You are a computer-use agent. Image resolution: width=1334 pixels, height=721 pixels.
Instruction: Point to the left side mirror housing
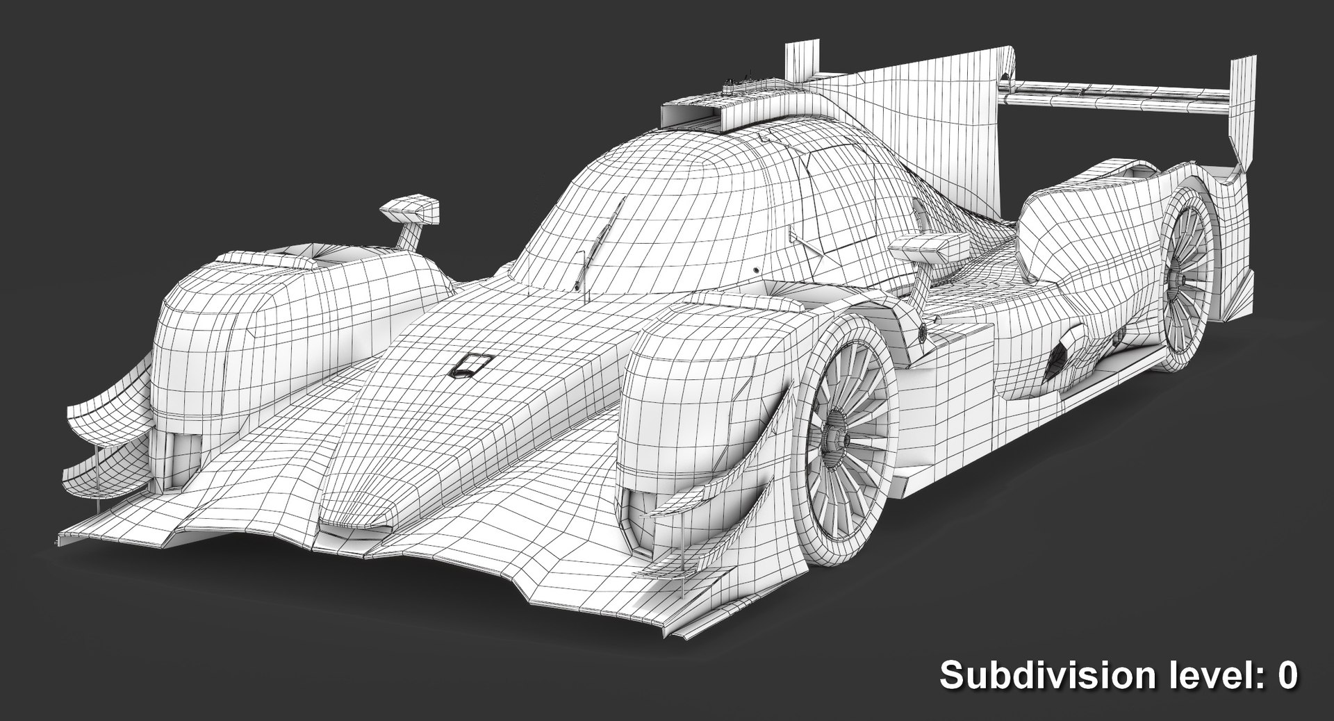411,209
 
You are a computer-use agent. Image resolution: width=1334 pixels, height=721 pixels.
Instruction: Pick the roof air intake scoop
695,115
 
